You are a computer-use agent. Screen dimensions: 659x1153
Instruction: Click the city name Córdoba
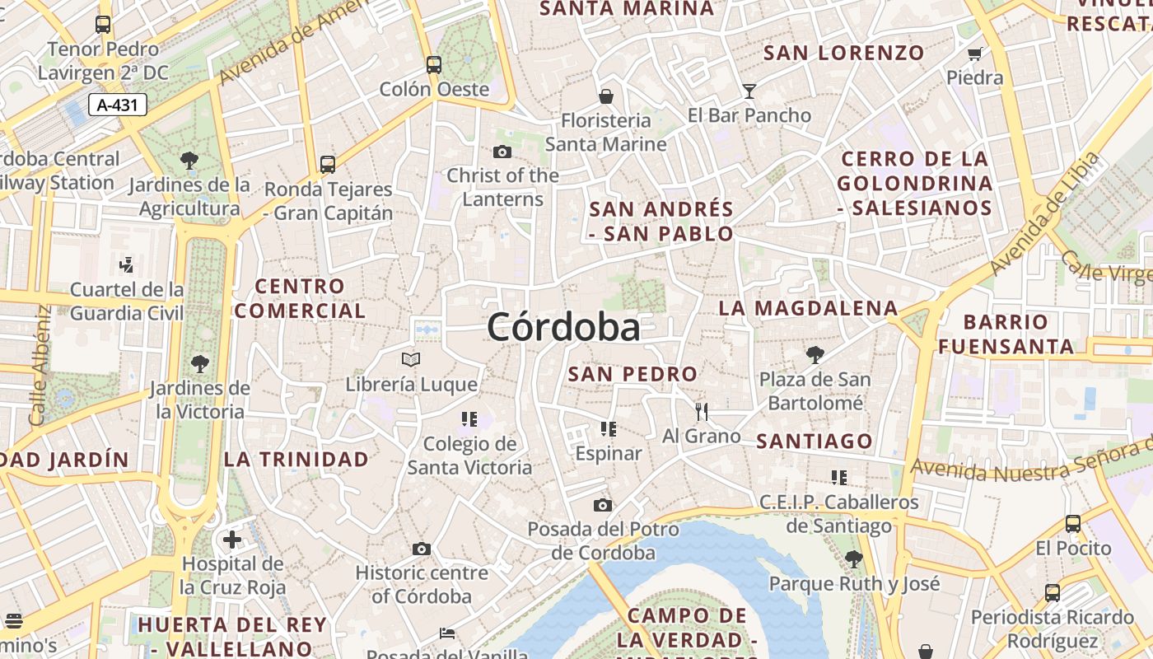pos(563,328)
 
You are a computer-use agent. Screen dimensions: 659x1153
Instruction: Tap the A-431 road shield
pos(117,105)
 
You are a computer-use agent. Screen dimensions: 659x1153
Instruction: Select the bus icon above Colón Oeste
pos(434,64)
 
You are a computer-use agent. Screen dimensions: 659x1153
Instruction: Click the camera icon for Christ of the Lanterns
pos(502,152)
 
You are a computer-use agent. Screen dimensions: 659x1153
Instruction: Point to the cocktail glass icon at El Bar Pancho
pos(749,91)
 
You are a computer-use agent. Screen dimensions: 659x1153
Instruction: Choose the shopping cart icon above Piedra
pos(975,54)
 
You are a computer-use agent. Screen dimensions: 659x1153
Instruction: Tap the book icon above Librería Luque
pos(411,360)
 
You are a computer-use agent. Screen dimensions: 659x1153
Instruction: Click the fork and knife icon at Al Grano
pos(702,412)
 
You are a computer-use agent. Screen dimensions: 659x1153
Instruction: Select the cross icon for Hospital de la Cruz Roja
pos(232,540)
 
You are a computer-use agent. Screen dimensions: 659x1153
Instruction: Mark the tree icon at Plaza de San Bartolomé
pos(815,355)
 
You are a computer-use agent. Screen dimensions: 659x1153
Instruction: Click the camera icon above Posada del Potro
pos(603,505)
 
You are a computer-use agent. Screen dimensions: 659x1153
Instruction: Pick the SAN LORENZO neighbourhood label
pos(844,54)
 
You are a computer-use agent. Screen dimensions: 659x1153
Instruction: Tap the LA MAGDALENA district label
pos(808,309)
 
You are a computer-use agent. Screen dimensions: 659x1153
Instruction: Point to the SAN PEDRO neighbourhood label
pos(633,374)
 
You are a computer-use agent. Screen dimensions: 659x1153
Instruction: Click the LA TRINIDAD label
pos(296,460)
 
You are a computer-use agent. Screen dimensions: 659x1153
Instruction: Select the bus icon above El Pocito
pos(1073,523)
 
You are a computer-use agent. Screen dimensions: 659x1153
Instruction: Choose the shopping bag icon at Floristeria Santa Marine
pos(606,96)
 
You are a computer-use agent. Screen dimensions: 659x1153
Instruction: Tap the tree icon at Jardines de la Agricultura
pos(189,160)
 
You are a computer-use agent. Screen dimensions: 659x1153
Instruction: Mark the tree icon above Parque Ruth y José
pos(854,559)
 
